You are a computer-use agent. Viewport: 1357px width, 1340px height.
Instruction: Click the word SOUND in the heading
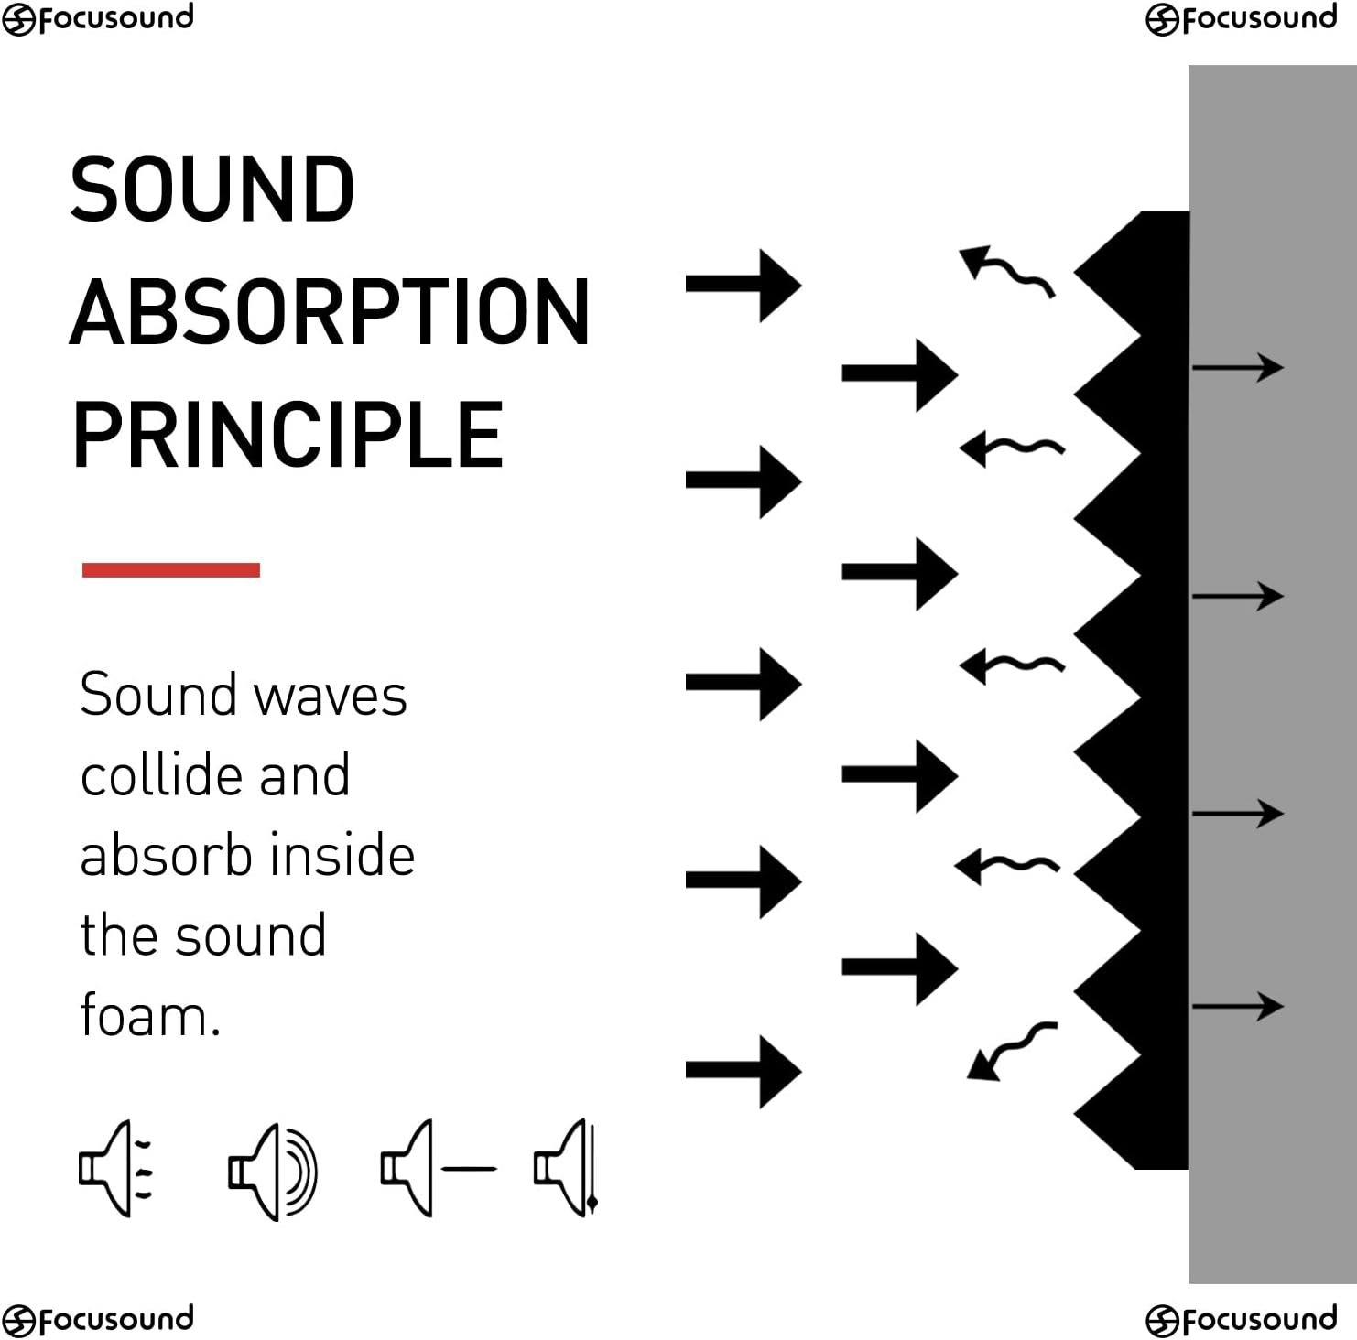212,189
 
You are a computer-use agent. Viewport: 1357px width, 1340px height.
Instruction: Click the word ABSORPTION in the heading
330,312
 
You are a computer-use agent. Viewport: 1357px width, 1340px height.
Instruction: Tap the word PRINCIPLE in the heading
288,435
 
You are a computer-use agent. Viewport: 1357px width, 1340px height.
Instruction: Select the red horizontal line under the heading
171,570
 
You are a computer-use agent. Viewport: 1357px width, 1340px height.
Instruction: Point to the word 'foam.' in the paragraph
150,1016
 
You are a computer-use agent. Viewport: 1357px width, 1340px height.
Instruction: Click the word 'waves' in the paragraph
330,696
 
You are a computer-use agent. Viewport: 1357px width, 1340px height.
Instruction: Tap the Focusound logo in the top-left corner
98,18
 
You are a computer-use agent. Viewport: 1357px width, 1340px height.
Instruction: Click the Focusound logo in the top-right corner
1241,18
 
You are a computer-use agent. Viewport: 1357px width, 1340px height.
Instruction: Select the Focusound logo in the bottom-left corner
98,1319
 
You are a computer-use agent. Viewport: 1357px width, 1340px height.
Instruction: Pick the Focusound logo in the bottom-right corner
1241,1319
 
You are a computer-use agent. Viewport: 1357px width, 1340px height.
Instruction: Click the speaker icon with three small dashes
115,1169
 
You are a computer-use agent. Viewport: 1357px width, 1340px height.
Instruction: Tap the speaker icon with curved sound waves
272,1172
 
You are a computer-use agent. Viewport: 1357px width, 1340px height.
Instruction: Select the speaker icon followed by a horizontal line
438,1169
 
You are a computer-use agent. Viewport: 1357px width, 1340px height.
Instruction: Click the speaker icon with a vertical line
566,1169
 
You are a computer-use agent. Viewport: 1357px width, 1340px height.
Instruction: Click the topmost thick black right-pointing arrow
743,285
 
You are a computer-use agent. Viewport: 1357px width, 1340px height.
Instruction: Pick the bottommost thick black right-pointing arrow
743,1071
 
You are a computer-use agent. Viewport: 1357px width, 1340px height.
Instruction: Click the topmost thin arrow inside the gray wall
1237,368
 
